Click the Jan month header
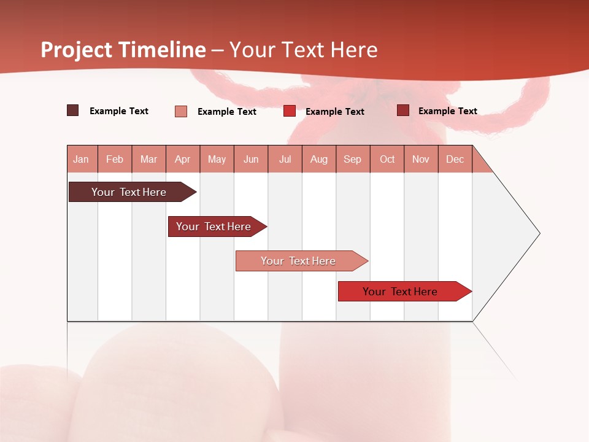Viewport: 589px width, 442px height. [x=81, y=159]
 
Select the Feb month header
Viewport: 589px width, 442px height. [x=115, y=159]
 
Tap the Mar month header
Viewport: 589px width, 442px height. [x=148, y=159]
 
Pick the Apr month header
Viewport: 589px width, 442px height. [x=183, y=159]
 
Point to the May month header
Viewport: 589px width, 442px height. [x=217, y=159]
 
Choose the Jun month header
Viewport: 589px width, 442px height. [x=251, y=159]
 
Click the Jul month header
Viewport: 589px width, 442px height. [x=285, y=159]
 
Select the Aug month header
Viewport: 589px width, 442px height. [x=319, y=159]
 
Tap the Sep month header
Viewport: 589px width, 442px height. [x=353, y=159]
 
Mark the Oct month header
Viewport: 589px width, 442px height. [x=387, y=159]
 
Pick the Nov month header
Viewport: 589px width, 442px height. [x=421, y=159]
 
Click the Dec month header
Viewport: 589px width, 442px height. [x=455, y=159]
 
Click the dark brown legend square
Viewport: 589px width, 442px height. [x=73, y=110]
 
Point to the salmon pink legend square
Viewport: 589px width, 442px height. [x=181, y=111]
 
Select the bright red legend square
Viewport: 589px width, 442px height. [x=290, y=111]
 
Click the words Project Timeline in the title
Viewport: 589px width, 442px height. [x=123, y=50]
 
